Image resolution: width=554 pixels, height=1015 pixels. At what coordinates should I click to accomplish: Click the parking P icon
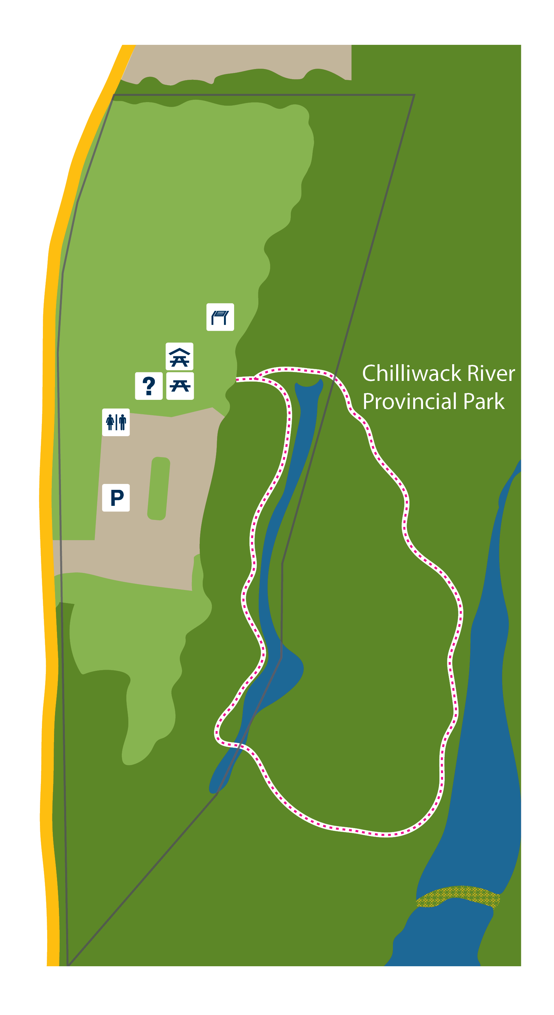(x=116, y=497)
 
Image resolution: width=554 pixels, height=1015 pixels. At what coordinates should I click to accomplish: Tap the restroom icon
(x=116, y=422)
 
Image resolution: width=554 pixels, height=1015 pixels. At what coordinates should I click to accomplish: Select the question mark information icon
(x=149, y=386)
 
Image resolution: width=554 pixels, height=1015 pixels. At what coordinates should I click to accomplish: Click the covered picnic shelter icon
(x=179, y=356)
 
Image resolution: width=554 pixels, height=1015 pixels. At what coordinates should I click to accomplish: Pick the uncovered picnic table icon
(x=180, y=386)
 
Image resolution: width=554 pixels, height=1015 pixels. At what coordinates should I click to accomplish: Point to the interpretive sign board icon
(x=220, y=317)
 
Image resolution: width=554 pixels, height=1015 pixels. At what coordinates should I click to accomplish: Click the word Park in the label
(x=484, y=401)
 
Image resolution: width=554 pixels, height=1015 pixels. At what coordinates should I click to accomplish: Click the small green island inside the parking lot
(x=158, y=489)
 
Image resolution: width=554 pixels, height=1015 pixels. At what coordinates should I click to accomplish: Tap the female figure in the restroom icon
(x=110, y=422)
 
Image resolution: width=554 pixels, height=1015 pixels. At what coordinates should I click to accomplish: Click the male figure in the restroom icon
(x=123, y=422)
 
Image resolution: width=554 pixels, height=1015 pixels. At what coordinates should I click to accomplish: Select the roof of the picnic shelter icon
(x=179, y=351)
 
